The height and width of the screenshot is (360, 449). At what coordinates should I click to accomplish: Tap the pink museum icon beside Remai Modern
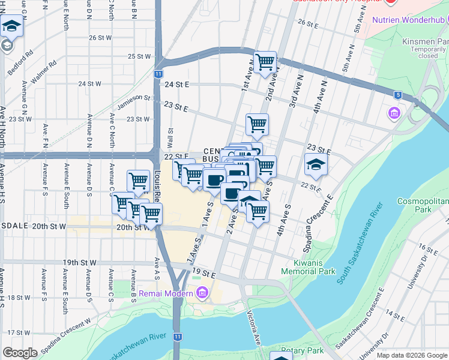(202, 293)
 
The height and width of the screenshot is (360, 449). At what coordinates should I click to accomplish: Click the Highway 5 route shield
(397, 95)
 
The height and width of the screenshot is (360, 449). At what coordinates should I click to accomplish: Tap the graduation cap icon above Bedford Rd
(11, 26)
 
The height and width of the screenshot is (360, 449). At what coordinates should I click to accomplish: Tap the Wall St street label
(170, 136)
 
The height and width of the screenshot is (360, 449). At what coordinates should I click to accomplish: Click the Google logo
(20, 353)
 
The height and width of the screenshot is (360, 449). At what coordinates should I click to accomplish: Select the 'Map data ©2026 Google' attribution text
(411, 355)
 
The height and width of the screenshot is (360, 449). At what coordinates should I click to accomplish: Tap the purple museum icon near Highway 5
(394, 113)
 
